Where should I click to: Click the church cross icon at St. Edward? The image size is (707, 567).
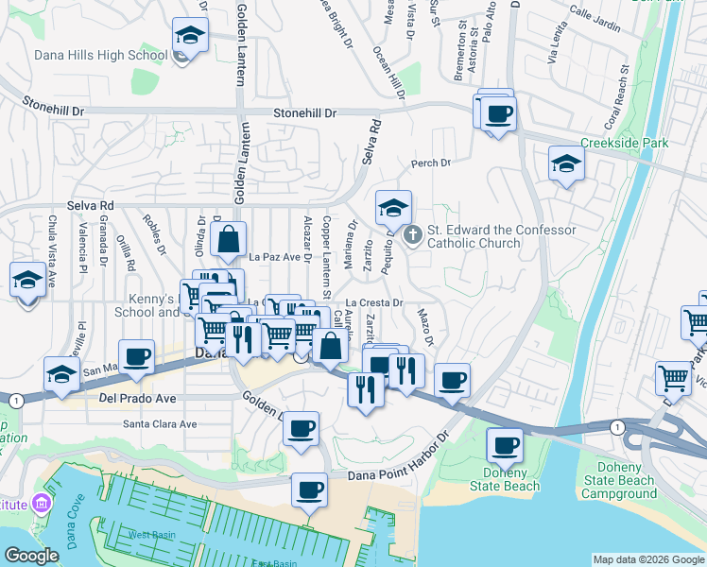pos(411,235)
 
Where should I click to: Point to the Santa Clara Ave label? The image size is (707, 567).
pos(160,424)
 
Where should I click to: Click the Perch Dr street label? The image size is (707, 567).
pos(431,163)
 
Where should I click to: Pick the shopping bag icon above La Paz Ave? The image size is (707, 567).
pos(229,240)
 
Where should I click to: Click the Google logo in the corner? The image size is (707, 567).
pos(31,556)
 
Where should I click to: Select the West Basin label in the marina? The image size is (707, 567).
pos(150,535)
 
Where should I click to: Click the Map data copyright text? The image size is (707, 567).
pos(647,559)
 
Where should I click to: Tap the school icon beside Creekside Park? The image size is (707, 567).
pos(566,164)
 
